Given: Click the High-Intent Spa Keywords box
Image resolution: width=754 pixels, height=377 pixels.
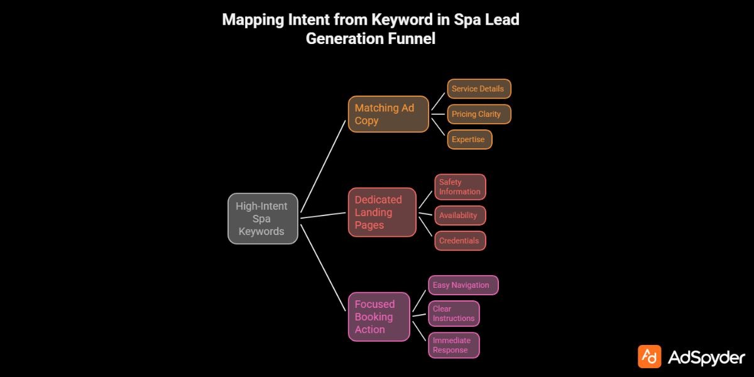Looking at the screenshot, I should point(263,219).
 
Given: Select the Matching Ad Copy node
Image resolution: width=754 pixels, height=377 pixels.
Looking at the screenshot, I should point(388,114).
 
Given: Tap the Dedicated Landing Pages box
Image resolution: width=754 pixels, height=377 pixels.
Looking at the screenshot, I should point(382,212).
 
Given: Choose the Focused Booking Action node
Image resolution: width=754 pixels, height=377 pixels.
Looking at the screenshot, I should point(380,317).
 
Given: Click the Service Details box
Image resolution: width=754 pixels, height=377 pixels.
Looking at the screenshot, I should point(479,89).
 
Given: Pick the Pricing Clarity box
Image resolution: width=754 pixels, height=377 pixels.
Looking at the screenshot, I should point(479,114).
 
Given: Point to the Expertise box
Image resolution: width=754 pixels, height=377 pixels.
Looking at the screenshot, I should point(469,139).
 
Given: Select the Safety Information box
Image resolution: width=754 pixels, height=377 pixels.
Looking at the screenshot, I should point(461,187).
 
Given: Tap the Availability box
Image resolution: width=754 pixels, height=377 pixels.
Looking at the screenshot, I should point(461,216).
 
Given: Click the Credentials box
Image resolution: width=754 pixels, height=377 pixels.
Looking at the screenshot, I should point(461,241).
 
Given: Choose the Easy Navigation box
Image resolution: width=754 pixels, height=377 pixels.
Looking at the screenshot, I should point(463,285).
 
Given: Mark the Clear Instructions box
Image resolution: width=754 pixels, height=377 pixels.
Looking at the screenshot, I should point(454,314).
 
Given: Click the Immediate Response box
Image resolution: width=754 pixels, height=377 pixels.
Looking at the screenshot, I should point(454,345).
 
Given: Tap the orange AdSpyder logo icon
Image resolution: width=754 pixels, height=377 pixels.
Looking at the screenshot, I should point(649,356).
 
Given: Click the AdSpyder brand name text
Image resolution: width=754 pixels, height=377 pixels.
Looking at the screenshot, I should point(706,358).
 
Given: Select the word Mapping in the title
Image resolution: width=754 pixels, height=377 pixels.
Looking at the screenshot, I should point(254,19).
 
